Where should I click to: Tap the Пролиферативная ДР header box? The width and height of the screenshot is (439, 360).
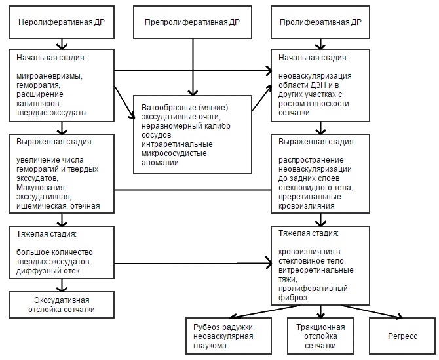[x=320, y=22]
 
